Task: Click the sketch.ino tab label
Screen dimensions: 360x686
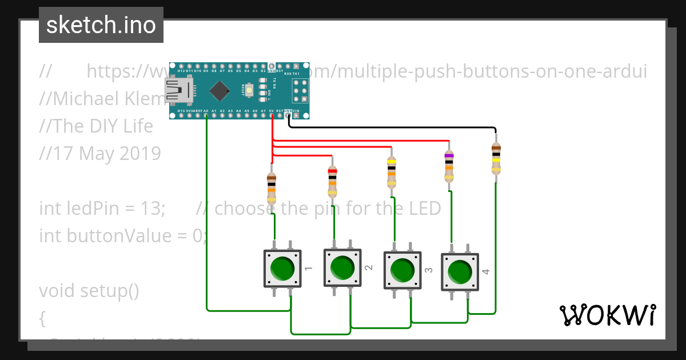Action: tap(101, 25)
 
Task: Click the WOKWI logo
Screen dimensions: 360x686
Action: tap(607, 315)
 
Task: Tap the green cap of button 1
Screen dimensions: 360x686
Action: tap(282, 267)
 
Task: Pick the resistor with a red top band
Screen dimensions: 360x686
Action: tap(332, 181)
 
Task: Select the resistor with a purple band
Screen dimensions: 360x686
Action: tap(449, 166)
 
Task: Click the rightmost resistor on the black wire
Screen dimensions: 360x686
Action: tap(496, 158)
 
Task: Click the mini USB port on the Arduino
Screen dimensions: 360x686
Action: tap(179, 91)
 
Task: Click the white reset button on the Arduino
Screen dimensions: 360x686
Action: tap(249, 90)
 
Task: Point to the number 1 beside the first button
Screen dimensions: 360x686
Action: tap(308, 267)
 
